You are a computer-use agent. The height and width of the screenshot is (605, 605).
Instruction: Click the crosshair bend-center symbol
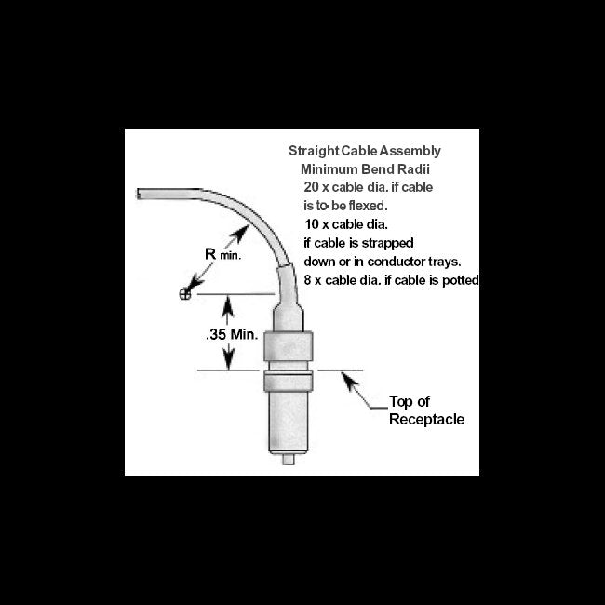(x=184, y=294)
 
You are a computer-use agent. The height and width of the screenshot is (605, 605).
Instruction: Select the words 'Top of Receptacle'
(x=424, y=411)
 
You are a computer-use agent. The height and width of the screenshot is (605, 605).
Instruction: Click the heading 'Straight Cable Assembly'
(x=365, y=150)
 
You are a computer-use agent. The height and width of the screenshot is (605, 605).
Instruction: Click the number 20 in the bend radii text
(x=298, y=187)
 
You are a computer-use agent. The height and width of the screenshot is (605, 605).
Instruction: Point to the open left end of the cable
(x=140, y=193)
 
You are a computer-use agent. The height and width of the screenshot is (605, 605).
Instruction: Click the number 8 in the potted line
(x=308, y=280)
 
